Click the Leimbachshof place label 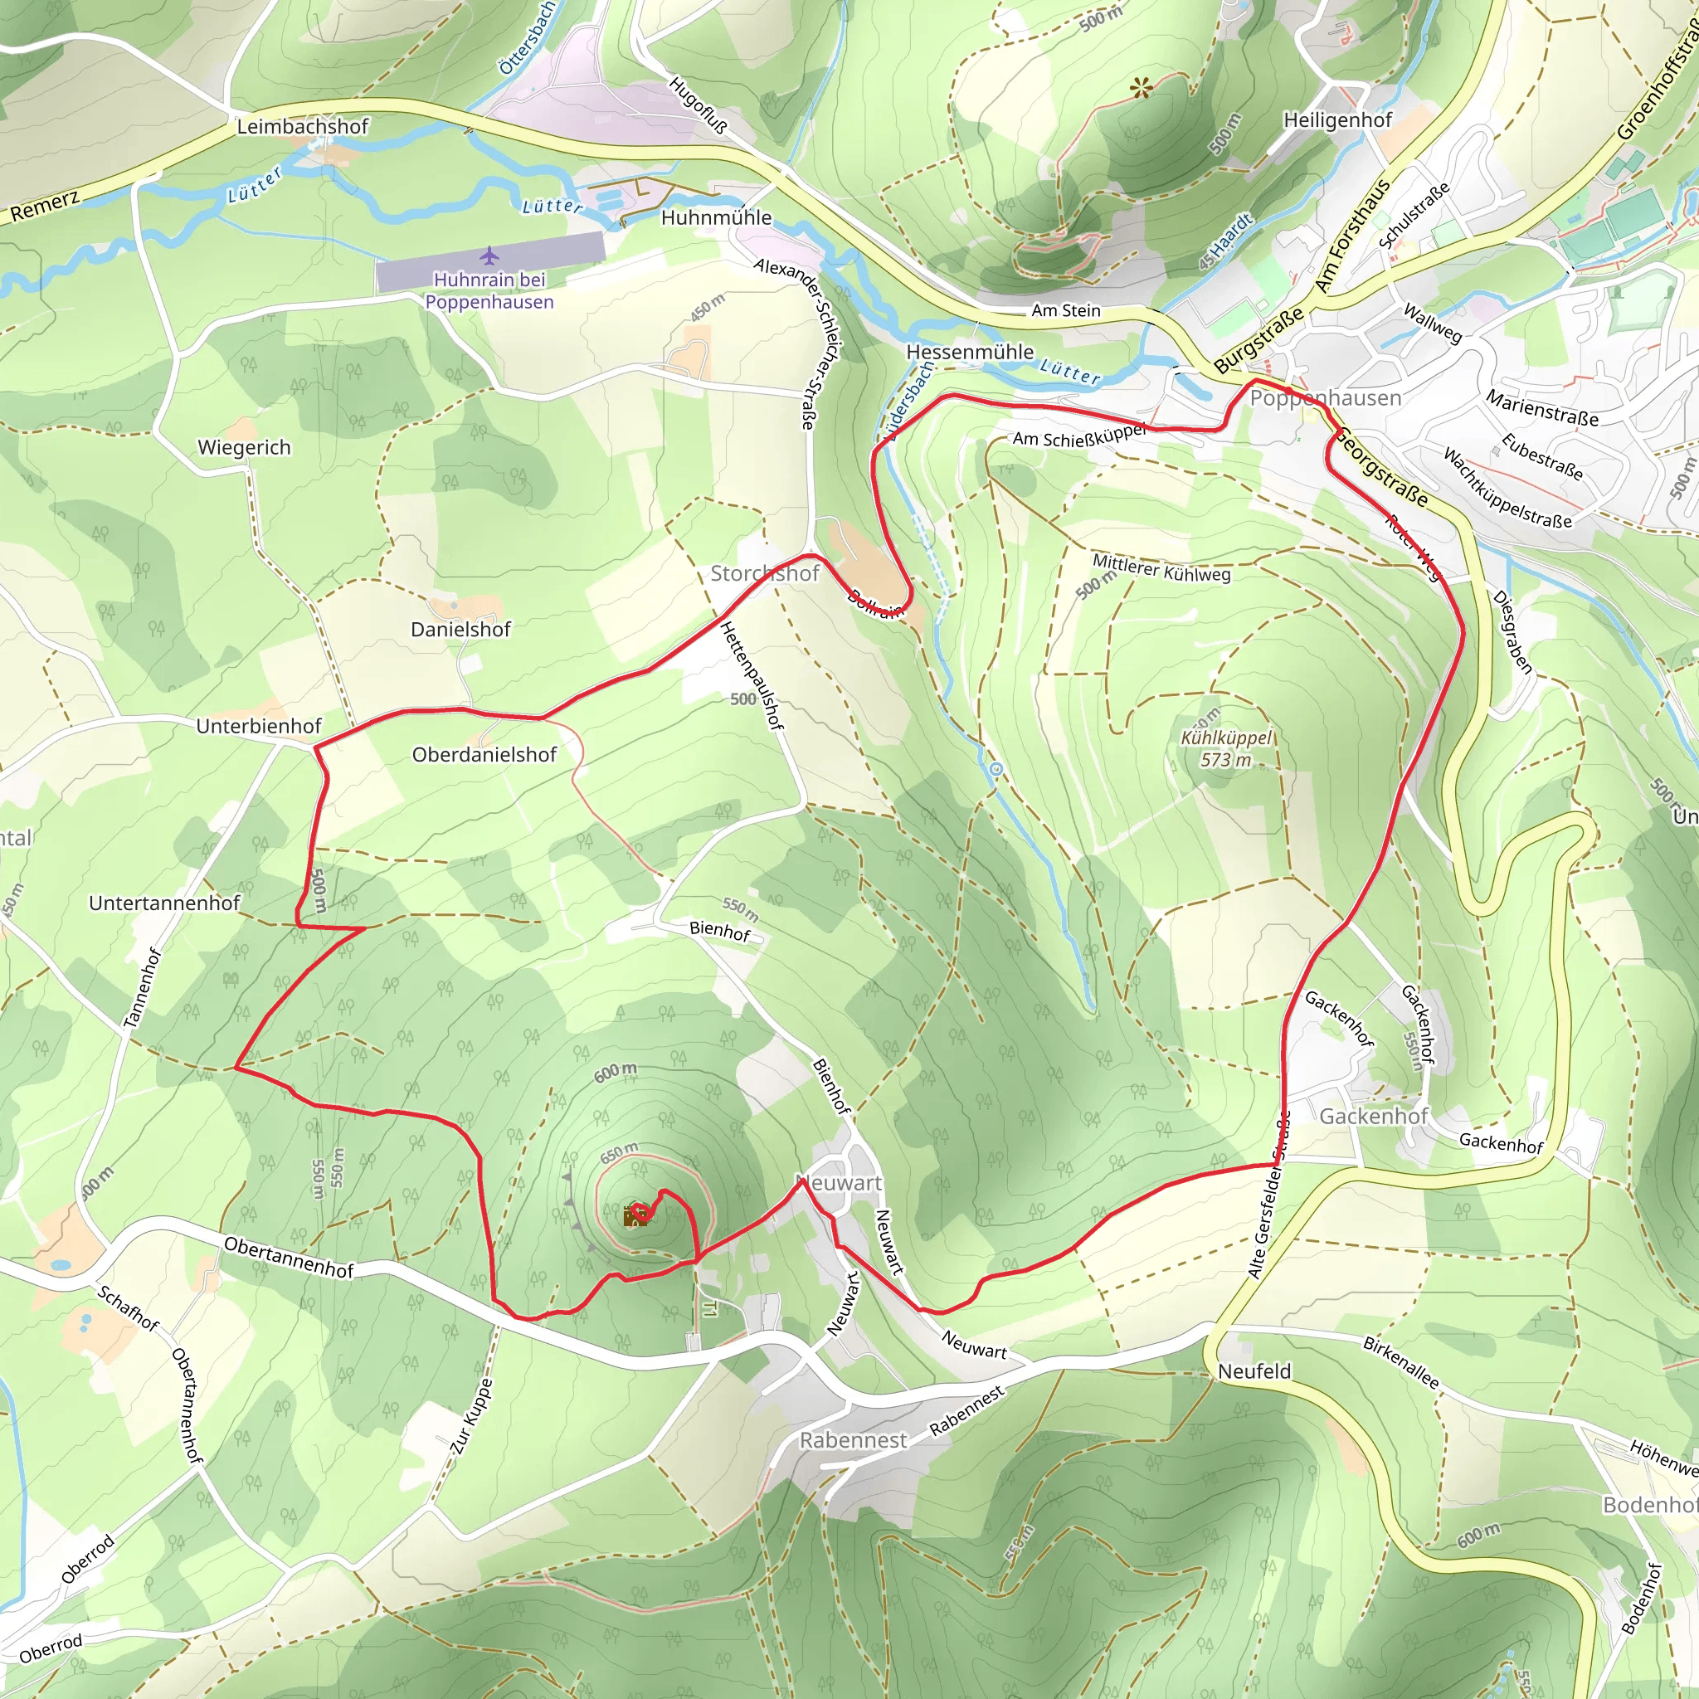(x=302, y=127)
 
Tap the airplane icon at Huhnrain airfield (x=489, y=256)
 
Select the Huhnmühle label (x=716, y=217)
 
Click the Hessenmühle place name (x=970, y=352)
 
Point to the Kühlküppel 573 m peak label (x=1226, y=748)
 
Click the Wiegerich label (x=244, y=448)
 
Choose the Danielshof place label (x=460, y=630)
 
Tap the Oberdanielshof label (x=484, y=755)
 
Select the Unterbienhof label (x=259, y=727)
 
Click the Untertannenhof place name (x=164, y=903)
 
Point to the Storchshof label (x=764, y=573)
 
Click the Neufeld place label (x=1254, y=1371)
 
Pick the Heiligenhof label (x=1337, y=120)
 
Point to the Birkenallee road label (x=1401, y=1362)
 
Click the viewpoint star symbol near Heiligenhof (x=1142, y=88)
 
